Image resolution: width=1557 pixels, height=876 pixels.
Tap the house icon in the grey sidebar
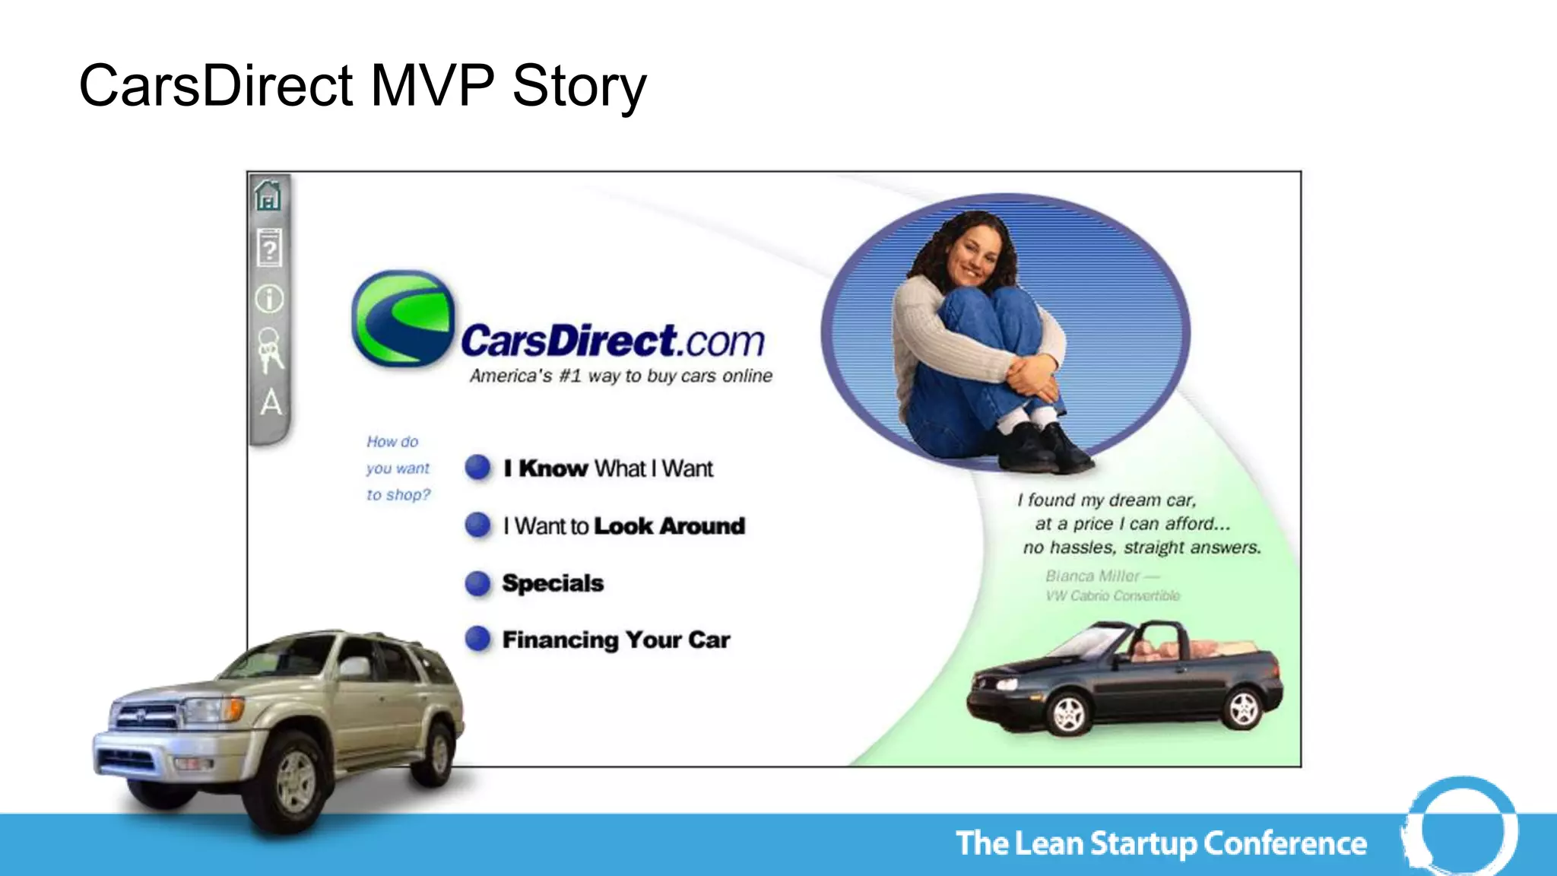tap(268, 195)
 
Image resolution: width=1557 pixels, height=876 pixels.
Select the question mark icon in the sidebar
tap(268, 248)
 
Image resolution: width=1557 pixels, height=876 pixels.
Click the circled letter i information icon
tap(269, 299)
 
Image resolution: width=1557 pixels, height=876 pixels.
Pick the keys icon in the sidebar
tap(269, 350)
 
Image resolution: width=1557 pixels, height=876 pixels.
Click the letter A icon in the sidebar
tap(271, 401)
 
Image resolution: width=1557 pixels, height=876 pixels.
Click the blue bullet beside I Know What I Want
tap(477, 467)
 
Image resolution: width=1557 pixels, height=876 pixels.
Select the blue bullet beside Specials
tap(477, 583)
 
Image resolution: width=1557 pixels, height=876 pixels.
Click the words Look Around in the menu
tap(669, 526)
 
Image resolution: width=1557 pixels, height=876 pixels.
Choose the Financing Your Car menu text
tap(616, 640)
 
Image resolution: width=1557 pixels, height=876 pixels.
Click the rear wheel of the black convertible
tap(1244, 707)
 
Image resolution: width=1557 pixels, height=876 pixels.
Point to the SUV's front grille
tap(144, 715)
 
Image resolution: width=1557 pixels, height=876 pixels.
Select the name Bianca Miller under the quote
tap(1092, 576)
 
